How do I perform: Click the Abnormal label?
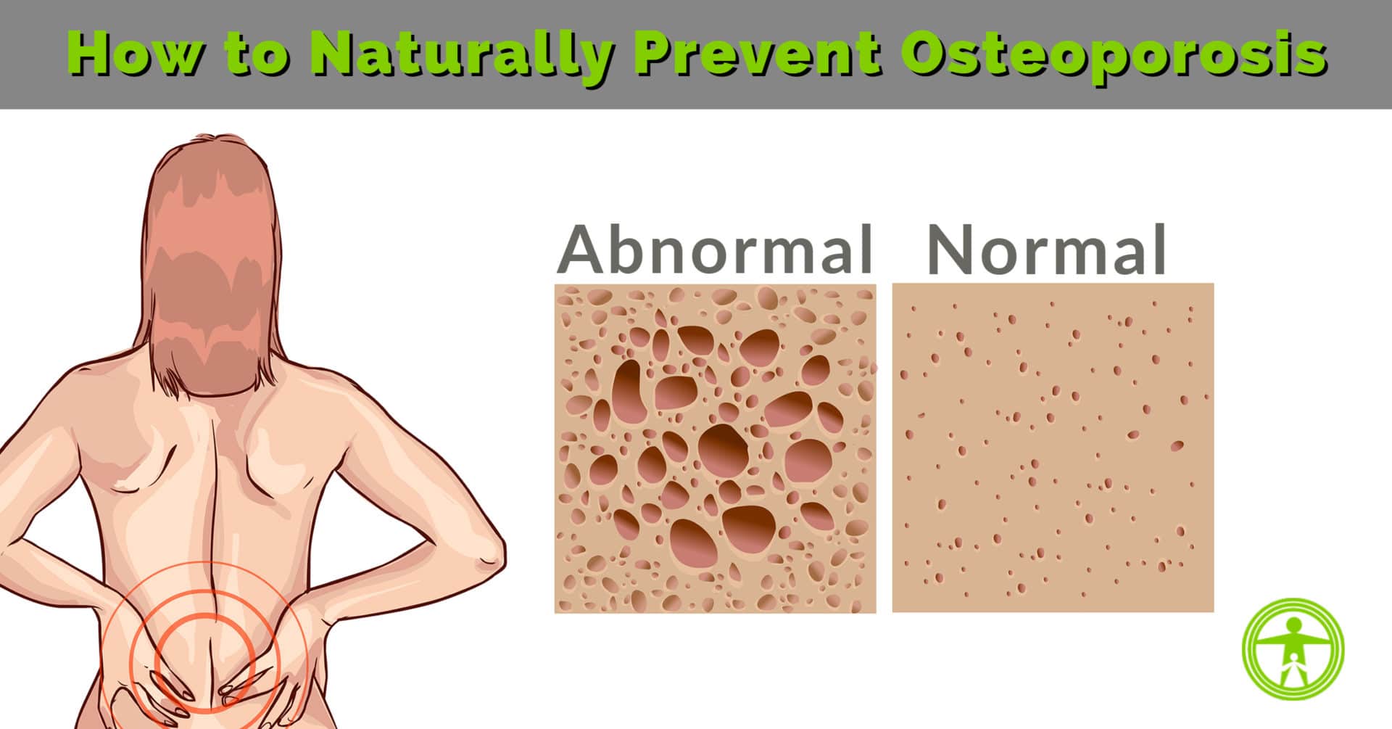point(716,249)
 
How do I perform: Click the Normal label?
point(1046,249)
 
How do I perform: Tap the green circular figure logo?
point(1293,648)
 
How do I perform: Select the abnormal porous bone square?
point(716,448)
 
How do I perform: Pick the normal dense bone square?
point(1053,448)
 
